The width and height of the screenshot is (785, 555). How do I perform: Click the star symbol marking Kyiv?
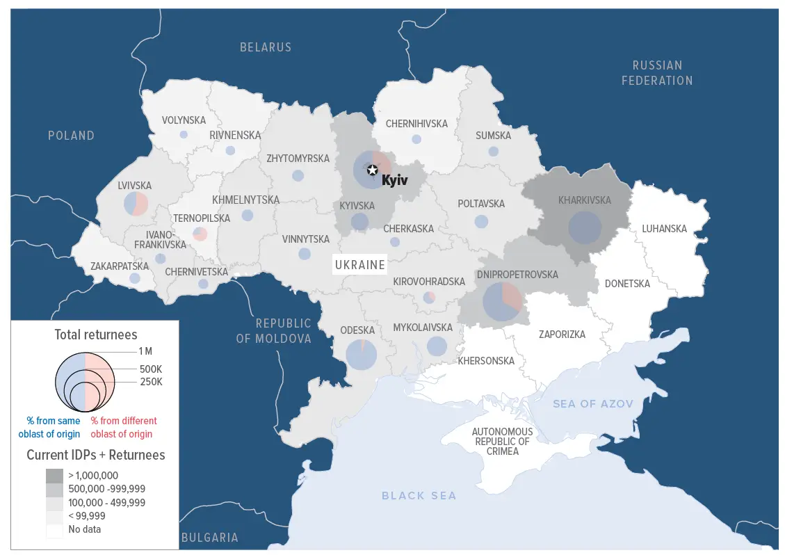pos(372,170)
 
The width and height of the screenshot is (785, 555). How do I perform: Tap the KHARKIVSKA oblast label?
pos(584,200)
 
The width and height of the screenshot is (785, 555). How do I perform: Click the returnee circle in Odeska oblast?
pos(361,355)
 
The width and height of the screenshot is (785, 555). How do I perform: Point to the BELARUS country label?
pos(266,47)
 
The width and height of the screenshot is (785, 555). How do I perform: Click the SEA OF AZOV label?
pos(592,404)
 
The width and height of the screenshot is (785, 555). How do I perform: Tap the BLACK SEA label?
pos(419,495)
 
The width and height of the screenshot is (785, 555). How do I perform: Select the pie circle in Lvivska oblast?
pos(136,204)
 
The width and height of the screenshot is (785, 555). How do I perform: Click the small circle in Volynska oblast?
pos(184,134)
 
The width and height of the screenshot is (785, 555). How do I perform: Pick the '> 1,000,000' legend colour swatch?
pos(55,476)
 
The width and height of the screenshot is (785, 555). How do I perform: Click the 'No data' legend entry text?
pos(84,529)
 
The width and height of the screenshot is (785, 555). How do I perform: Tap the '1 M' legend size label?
pos(145,352)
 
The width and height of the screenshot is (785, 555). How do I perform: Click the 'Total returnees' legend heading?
pos(96,335)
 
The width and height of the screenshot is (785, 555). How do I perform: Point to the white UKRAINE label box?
pos(359,264)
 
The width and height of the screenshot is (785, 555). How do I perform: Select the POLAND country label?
pos(71,136)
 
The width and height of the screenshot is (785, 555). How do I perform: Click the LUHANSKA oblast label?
pos(664,228)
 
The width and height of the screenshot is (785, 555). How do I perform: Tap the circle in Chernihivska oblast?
pos(416,139)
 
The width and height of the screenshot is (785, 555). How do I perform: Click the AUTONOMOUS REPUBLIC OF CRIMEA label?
pos(502,442)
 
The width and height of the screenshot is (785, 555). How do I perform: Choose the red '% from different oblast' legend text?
pos(124,427)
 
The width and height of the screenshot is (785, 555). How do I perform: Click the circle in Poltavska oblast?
pos(481,222)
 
